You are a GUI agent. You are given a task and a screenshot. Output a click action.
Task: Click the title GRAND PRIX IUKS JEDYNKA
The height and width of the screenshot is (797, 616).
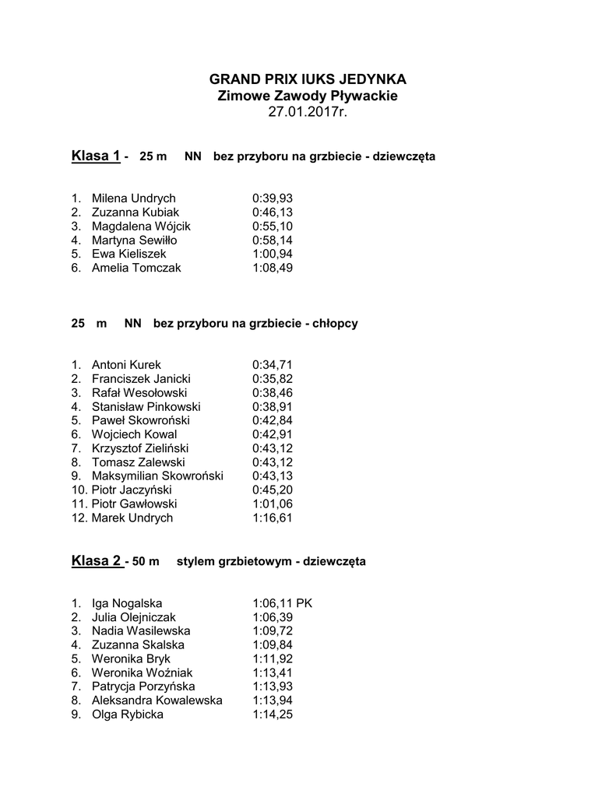tap(308, 79)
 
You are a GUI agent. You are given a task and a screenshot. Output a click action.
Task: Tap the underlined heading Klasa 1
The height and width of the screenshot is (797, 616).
tap(96, 156)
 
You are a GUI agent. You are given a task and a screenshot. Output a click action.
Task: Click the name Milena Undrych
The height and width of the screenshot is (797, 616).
tap(133, 198)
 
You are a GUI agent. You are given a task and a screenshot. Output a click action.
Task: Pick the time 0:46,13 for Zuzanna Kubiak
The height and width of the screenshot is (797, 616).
tap(273, 212)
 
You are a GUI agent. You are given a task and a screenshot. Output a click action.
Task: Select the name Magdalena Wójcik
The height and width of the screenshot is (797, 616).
tap(141, 226)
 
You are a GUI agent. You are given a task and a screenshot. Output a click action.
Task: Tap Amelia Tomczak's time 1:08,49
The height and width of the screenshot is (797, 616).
tap(273, 268)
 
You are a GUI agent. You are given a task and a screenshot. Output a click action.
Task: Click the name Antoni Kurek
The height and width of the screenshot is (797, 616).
tap(126, 365)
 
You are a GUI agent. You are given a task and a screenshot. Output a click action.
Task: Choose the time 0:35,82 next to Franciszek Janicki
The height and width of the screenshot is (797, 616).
tap(273, 379)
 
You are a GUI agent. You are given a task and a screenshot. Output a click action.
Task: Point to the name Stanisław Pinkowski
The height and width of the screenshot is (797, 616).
tap(146, 406)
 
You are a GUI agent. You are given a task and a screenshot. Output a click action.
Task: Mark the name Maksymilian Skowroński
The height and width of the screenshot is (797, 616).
tap(157, 476)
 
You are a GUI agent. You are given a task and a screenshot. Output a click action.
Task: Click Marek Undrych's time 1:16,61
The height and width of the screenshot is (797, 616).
tap(273, 518)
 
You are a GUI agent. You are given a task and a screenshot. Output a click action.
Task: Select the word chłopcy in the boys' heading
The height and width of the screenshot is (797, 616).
tap(335, 323)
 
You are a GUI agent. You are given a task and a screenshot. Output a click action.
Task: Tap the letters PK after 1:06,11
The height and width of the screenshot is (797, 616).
tap(304, 603)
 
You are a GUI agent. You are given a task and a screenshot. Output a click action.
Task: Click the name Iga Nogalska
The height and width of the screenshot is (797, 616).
tap(128, 603)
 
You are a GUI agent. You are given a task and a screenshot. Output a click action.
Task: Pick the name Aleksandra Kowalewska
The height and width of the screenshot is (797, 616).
tap(157, 700)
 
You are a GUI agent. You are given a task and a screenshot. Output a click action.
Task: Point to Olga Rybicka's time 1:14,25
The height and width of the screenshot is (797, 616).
tap(273, 714)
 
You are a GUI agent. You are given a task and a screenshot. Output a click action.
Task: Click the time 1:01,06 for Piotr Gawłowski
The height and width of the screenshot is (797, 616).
tap(273, 504)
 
